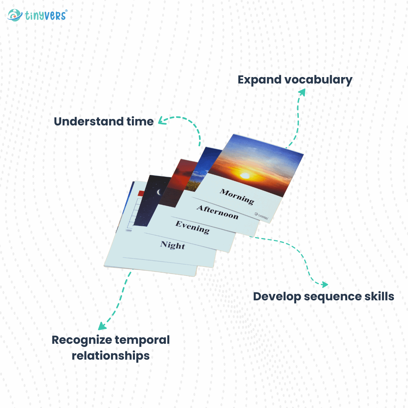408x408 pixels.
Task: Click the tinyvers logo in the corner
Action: [x=37, y=15]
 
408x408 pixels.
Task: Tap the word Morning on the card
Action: [x=237, y=196]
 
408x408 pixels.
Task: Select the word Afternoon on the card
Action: [x=217, y=213]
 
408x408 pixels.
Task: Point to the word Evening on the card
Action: [x=192, y=227]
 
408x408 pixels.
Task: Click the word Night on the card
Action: [x=173, y=245]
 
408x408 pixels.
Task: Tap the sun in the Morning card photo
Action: [x=245, y=175]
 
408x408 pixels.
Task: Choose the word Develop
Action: [x=277, y=297]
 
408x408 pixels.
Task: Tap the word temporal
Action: [x=142, y=340]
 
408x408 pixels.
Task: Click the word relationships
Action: [x=111, y=355]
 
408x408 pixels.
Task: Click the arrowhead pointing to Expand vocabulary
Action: [x=302, y=92]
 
